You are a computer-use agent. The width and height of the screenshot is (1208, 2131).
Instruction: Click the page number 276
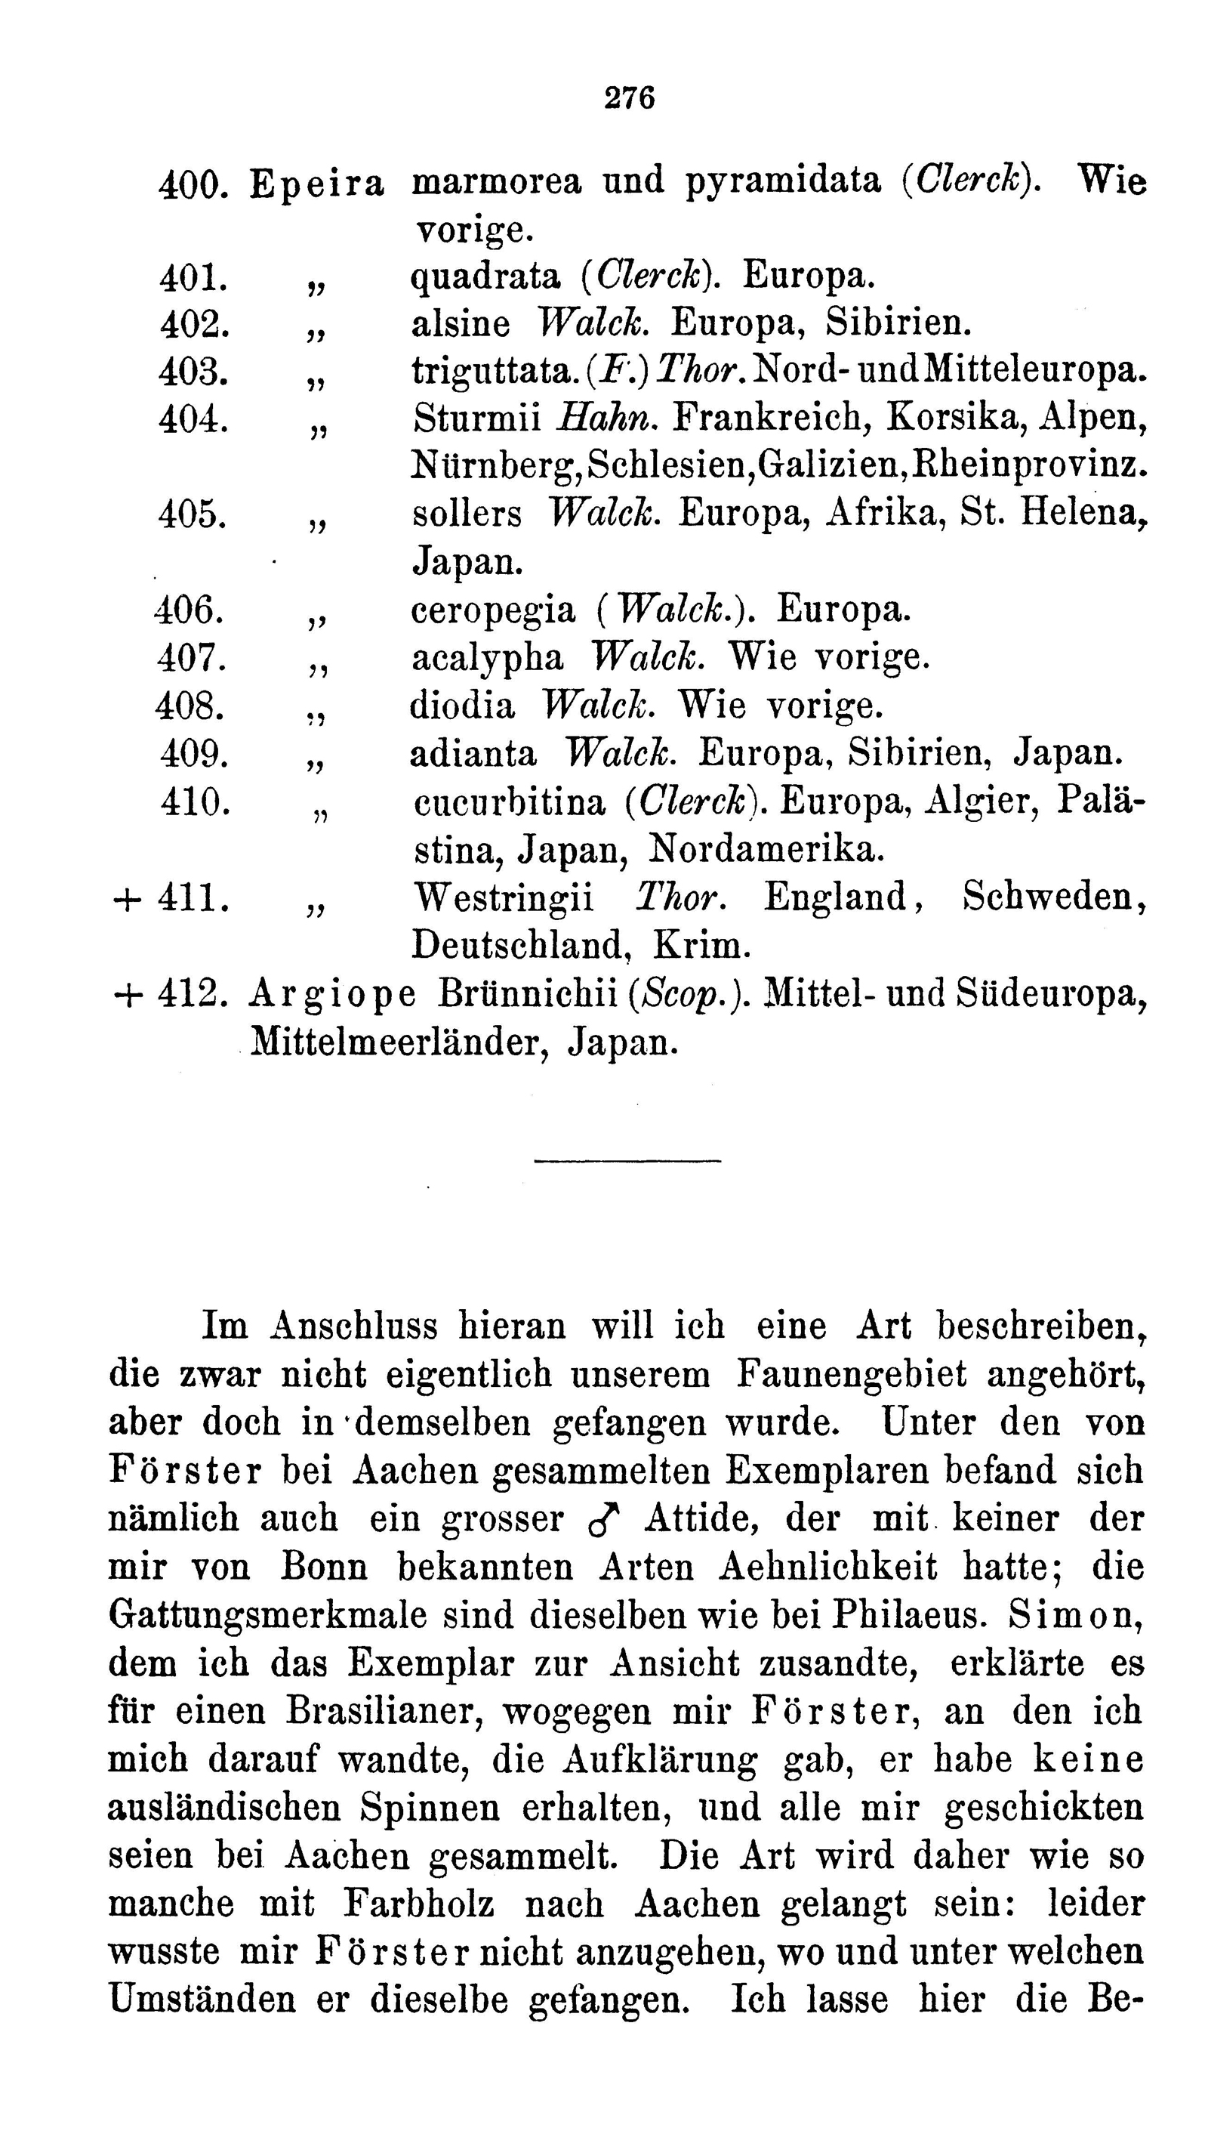coord(630,99)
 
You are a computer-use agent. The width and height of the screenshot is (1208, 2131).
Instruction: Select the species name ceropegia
coord(493,612)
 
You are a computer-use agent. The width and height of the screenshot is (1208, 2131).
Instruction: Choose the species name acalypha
coord(488,658)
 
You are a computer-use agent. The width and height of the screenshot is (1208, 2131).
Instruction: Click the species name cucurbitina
coord(510,802)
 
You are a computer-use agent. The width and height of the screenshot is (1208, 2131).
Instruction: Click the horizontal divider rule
coord(627,1160)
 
